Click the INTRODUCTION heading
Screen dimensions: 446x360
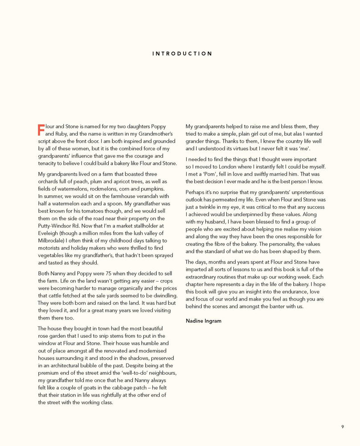pyautogui.click(x=182, y=54)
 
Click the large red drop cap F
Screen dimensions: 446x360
pyautogui.click(x=41, y=130)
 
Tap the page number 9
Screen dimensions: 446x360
pyautogui.click(x=342, y=427)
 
